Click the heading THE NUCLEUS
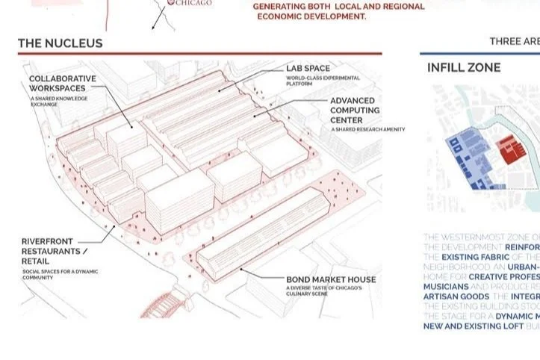pos(60,43)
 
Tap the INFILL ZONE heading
pos(464,68)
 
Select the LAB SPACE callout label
pos(308,69)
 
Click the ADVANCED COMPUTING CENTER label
pos(355,110)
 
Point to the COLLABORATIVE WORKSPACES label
pos(63,84)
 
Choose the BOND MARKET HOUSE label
pos(331,280)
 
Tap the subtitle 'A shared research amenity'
pos(368,130)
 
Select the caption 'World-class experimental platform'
pos(323,81)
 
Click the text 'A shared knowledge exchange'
pos(59,102)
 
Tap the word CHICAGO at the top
pos(193,3)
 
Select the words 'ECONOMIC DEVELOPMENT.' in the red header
pos(311,16)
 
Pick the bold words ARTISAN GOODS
pos(456,297)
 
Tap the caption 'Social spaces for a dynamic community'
pos(60,274)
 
